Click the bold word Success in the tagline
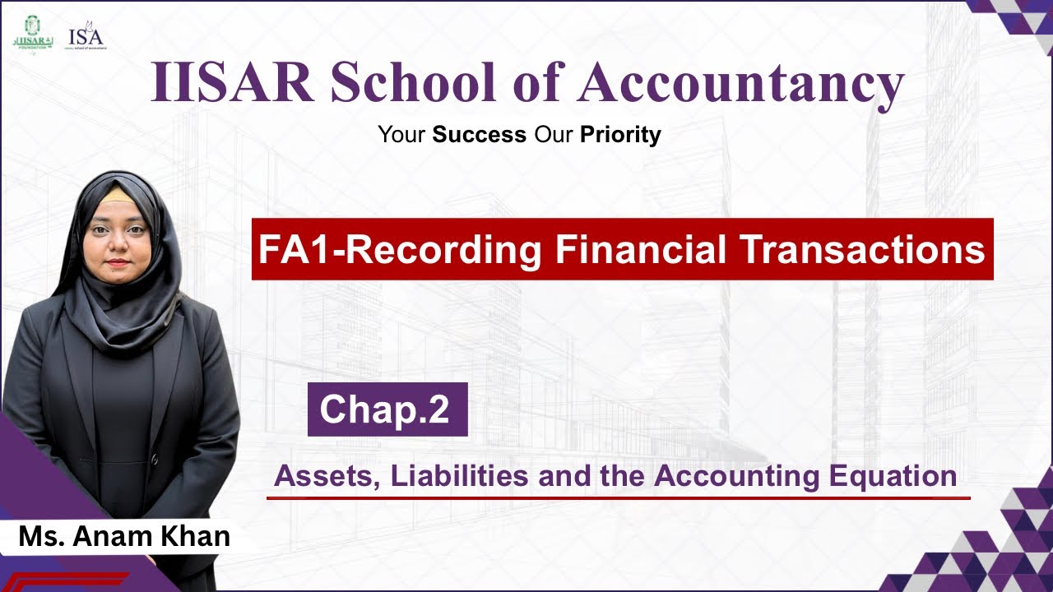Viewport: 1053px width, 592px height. (x=480, y=134)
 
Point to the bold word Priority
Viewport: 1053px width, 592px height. (x=620, y=134)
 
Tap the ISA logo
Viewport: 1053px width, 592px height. (x=86, y=38)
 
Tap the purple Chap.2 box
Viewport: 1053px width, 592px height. (x=387, y=409)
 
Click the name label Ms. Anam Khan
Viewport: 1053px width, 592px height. (x=123, y=537)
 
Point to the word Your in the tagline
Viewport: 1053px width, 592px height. (x=401, y=134)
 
